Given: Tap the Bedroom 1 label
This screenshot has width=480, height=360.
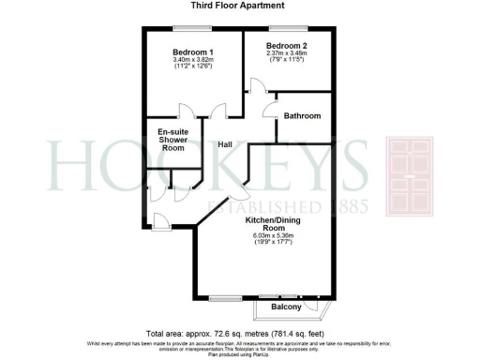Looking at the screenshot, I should [191, 52].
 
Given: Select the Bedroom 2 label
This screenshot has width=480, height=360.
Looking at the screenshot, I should [286, 45].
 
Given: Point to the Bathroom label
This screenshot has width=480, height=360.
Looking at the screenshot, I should [303, 116].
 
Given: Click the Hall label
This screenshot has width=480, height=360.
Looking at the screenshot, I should [226, 144].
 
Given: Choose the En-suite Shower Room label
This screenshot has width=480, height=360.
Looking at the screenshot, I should [172, 140].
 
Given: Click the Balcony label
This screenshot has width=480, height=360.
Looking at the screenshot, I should [286, 307].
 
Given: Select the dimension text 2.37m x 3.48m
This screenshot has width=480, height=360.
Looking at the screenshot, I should [286, 54].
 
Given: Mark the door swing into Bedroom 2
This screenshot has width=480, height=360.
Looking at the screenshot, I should [255, 88].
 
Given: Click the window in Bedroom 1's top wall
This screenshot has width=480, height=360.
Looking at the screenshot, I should [188, 28].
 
